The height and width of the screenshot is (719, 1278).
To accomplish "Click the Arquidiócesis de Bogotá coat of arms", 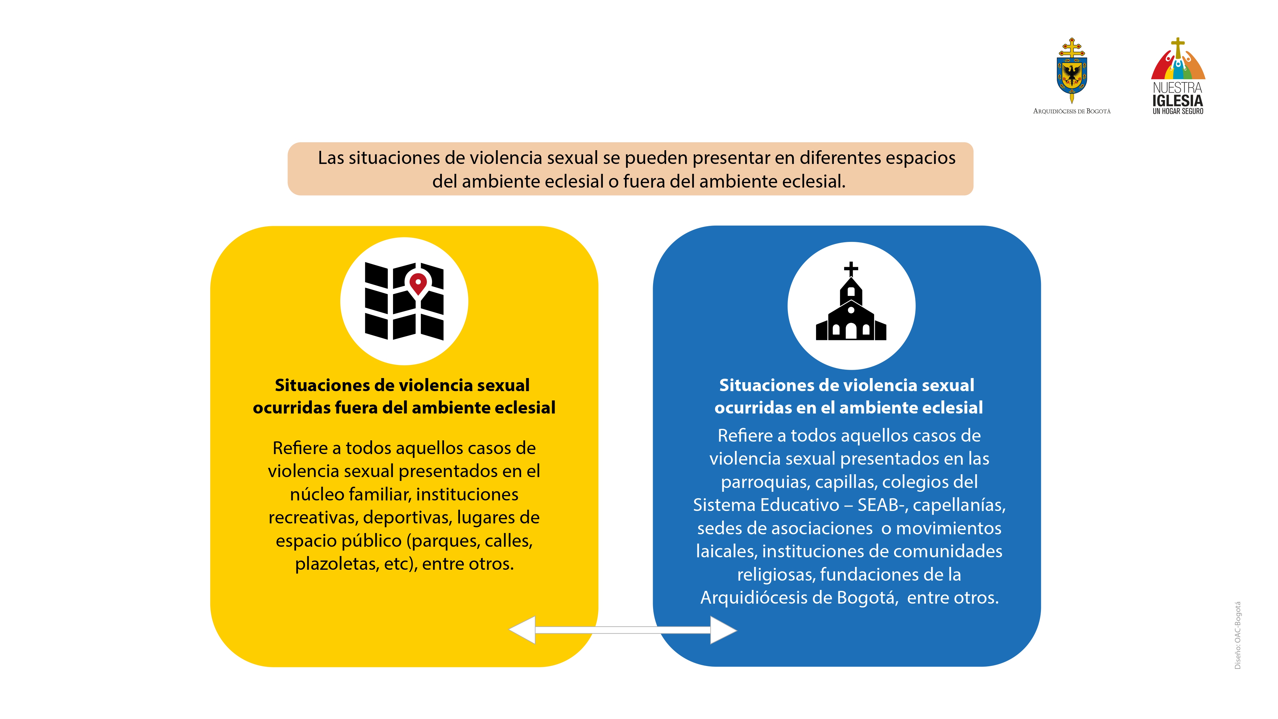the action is pos(1072,70).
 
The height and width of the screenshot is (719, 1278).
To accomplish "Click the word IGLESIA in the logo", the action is pos(1178,101).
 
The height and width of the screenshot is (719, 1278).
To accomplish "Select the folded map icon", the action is pos(404,301).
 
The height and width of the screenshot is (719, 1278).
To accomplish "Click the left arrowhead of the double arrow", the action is pos(522,630).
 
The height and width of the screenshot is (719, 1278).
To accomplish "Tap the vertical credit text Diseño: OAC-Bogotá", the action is pos(1237,635).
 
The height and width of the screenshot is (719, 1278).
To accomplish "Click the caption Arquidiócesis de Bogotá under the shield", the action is pos(1072,111).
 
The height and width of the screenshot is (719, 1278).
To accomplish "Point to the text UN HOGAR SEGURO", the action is pos(1178,112).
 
